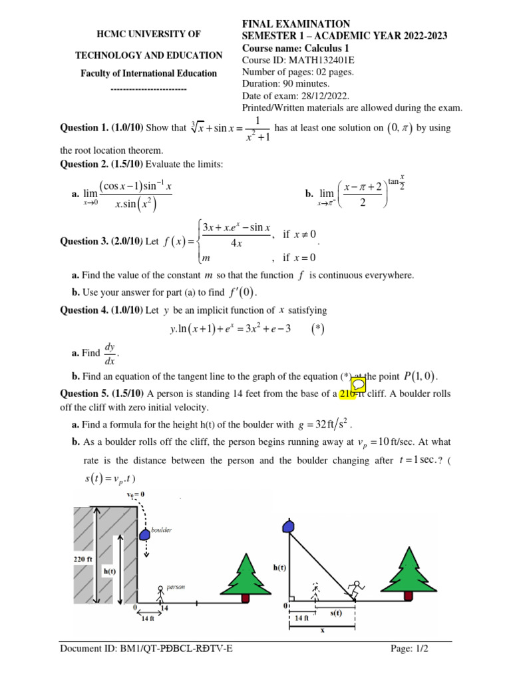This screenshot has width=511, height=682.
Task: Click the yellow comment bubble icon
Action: click(358, 386)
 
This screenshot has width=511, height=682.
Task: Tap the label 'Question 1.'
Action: click(84, 128)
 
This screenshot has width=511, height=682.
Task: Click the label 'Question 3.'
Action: click(84, 242)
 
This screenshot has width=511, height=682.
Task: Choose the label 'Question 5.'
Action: click(84, 393)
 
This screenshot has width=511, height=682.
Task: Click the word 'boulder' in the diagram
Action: click(162, 530)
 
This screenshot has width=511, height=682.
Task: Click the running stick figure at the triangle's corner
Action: click(356, 589)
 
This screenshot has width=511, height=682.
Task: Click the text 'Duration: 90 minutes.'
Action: click(285, 84)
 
